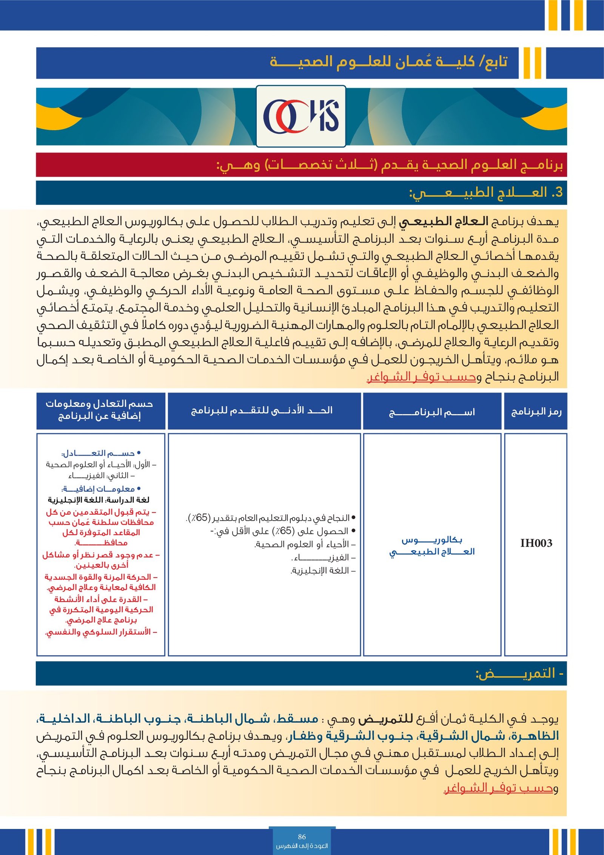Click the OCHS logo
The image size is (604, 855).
point(301,116)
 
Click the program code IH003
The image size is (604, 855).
point(536,543)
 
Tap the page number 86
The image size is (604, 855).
point(302,837)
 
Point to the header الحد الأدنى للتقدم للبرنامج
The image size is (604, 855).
point(262,410)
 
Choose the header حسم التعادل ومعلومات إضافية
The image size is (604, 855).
point(100,410)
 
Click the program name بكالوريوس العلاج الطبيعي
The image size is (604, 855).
point(432,546)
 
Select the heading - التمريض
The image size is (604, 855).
point(519,674)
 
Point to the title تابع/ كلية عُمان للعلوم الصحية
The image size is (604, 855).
point(389,62)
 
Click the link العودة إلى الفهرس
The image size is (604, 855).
point(302,846)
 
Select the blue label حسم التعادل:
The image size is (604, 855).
point(100,453)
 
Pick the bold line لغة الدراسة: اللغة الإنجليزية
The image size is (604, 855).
point(99,500)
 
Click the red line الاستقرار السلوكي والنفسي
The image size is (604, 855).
point(100,632)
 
